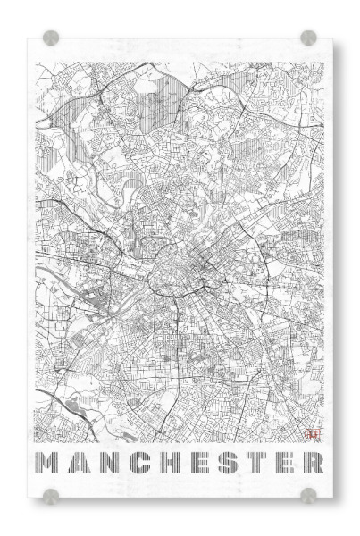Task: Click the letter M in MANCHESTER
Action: [47, 465]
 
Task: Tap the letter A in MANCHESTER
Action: [78, 465]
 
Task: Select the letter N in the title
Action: [106, 465]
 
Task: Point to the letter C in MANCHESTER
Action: [136, 465]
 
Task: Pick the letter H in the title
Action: [164, 465]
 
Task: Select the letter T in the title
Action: [250, 465]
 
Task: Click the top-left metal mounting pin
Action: [51, 38]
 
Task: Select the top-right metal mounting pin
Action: [308, 38]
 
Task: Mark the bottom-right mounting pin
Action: [308, 494]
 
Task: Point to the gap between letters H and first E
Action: [179, 465]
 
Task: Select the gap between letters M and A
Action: [63, 465]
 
